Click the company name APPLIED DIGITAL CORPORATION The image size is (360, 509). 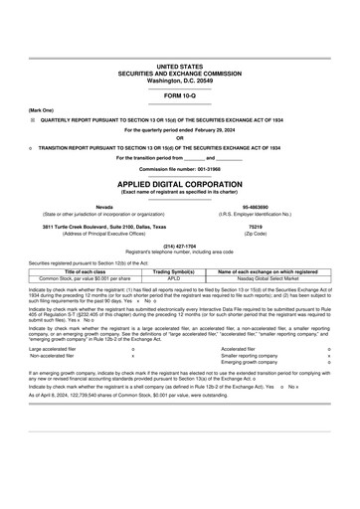pos(179,185)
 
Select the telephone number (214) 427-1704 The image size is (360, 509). pos(179,245)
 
